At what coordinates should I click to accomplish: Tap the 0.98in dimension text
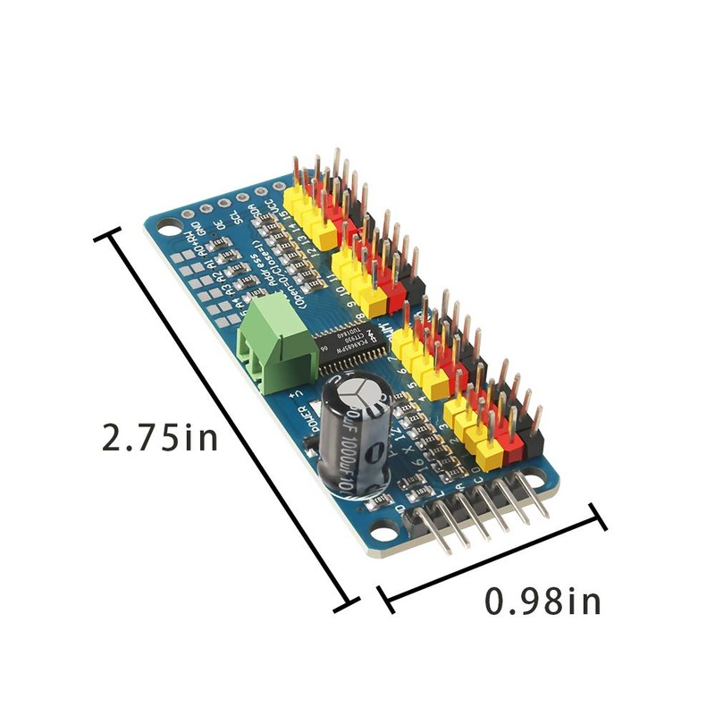pyautogui.click(x=543, y=601)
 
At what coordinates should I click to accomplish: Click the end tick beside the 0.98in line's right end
pyautogui.click(x=598, y=517)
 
